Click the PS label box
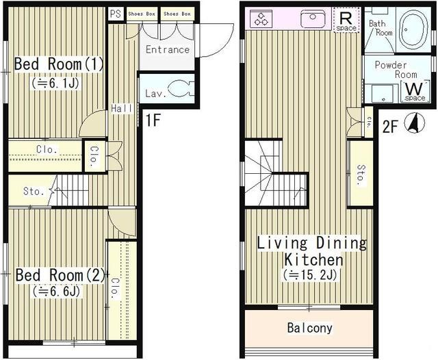(116, 14)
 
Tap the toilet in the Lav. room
(180, 88)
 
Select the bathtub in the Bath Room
(413, 29)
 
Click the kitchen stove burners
(261, 19)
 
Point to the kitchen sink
(313, 19)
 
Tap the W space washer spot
(415, 91)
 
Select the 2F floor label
(389, 127)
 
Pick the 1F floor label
(153, 120)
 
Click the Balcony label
(310, 328)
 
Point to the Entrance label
(168, 50)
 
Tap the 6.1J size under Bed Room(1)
(56, 83)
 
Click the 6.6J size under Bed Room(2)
(57, 292)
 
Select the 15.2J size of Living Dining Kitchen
(311, 275)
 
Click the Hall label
(122, 108)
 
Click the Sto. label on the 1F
(34, 192)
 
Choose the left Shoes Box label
(142, 14)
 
